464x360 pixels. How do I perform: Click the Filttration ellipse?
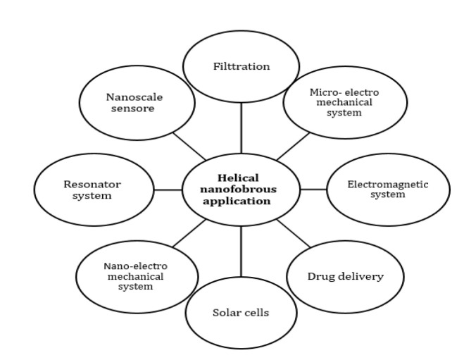[x=241, y=66]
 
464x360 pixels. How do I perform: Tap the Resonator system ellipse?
[x=92, y=190]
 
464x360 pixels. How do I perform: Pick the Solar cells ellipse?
[x=240, y=312]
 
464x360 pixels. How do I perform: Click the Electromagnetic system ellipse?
[x=387, y=189]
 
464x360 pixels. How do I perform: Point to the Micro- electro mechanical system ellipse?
[x=345, y=104]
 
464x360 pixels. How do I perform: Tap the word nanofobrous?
[x=241, y=190]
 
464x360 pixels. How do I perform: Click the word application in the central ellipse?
[x=241, y=200]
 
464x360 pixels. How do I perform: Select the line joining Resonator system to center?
[x=168, y=190]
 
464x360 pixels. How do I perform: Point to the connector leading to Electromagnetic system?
[x=313, y=190]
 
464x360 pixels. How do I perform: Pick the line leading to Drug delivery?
[x=293, y=234]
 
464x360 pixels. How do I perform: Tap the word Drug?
[x=322, y=275]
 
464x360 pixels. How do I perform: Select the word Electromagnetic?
[x=387, y=185]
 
